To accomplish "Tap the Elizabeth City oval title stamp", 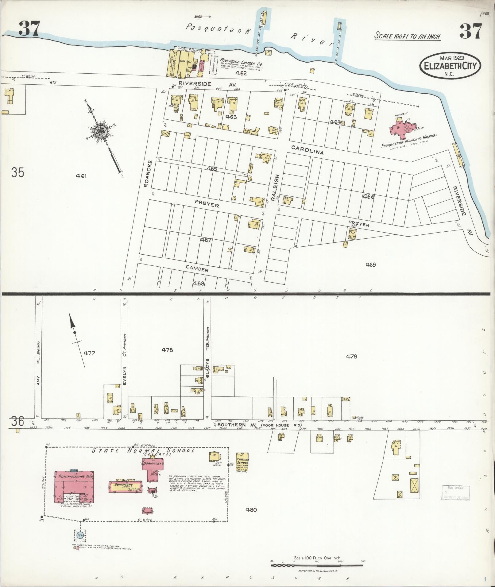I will (450, 65).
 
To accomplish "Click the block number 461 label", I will (82, 176).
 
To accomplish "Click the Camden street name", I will (197, 269).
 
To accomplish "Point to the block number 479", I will (351, 357).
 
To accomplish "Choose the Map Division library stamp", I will (455, 493).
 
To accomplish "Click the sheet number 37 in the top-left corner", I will (29, 30).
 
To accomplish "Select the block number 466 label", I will (368, 197).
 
